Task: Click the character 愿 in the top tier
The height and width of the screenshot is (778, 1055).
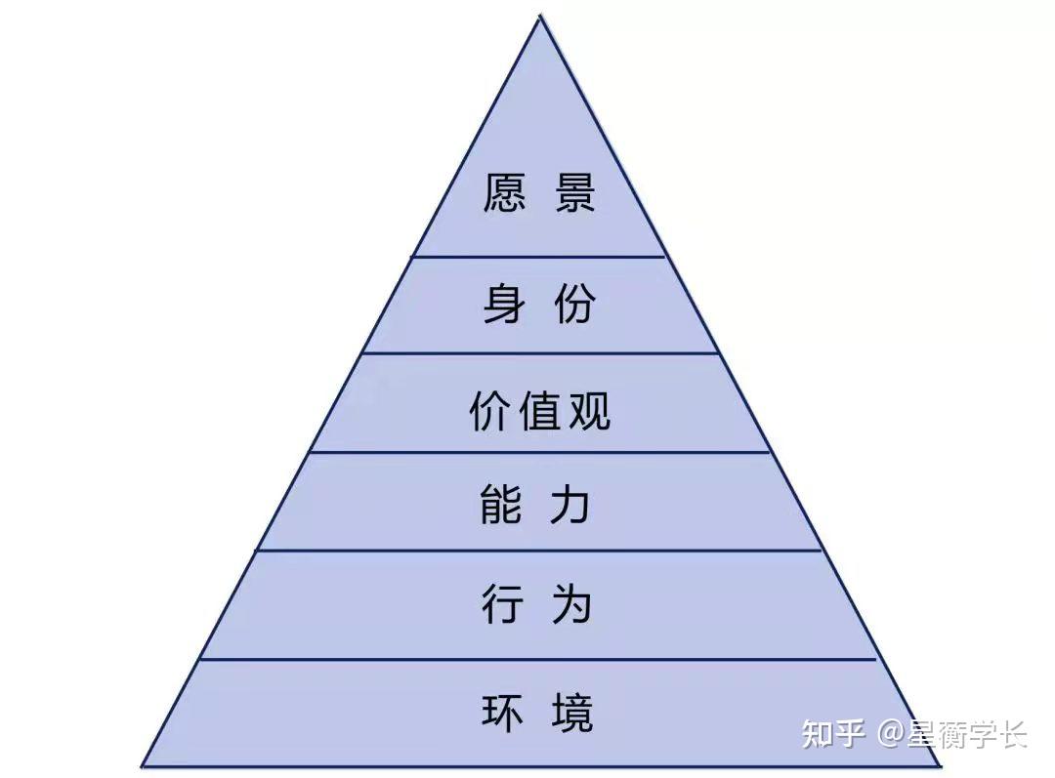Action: point(504,193)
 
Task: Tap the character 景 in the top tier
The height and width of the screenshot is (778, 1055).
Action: point(575,193)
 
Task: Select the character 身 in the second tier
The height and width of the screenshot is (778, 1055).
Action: point(504,304)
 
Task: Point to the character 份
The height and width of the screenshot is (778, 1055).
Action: point(575,304)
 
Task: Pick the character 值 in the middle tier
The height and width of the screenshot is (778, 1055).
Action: point(539,410)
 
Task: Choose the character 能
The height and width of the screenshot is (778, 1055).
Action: point(501,505)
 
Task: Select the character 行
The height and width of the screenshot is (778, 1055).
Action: point(503,603)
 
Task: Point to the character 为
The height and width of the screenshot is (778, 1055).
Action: point(572,603)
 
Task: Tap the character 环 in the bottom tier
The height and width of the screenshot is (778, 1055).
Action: point(503,712)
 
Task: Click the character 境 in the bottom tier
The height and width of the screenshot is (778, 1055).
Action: point(572,712)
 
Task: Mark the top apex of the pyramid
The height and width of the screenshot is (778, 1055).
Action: point(540,17)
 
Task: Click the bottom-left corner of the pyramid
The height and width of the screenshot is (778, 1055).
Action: point(142,766)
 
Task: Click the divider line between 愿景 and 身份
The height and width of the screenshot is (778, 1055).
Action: point(539,256)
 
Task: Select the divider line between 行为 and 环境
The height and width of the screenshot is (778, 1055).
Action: point(538,660)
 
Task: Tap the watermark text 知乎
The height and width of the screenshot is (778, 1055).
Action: point(833,733)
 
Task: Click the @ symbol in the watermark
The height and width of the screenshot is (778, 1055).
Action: point(891,733)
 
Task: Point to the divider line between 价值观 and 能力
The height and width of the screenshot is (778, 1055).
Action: point(539,453)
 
